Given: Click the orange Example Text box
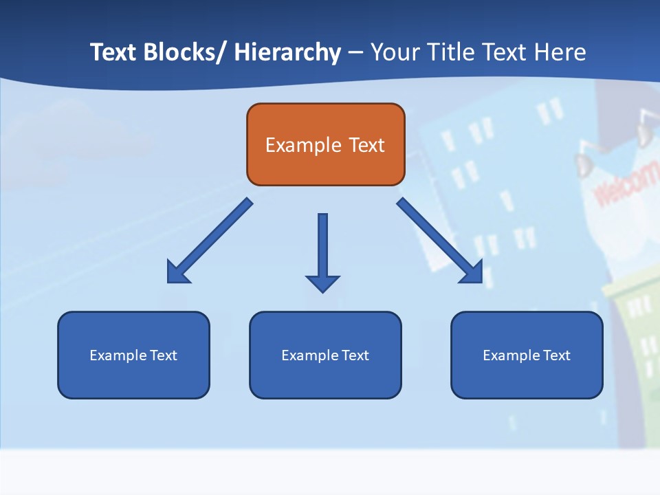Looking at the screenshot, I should (325, 144).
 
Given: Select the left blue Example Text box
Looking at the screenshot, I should (133, 355).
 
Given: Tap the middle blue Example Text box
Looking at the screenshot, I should (325, 355).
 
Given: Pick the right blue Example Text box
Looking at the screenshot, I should (527, 355).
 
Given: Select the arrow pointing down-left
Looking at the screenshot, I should (210, 241).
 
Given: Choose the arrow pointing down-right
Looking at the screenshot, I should (440, 241).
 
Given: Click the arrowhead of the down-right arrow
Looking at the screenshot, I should (472, 272).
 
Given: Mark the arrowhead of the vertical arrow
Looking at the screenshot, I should (322, 283).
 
